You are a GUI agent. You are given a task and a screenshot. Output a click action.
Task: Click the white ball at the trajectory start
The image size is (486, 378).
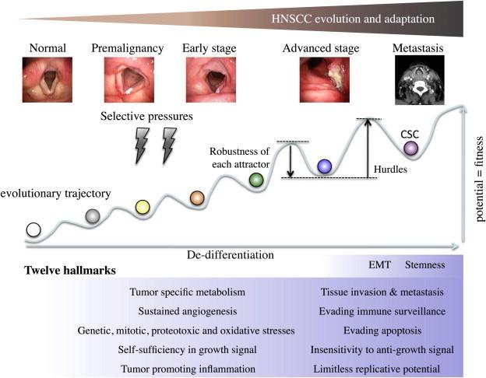(33, 229)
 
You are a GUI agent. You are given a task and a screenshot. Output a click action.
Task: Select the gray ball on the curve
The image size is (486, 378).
(92, 216)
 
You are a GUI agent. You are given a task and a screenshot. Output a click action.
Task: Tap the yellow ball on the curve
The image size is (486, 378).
(142, 206)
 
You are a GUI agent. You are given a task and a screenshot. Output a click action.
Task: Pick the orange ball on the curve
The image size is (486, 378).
(197, 198)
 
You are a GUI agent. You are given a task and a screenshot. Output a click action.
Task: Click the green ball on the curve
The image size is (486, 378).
(255, 180)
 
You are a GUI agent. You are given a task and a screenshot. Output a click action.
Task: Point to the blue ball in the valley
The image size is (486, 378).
(325, 165)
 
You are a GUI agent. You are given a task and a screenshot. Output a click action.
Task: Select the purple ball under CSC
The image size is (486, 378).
(410, 148)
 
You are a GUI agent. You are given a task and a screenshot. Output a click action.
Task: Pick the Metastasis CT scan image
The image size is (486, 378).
(418, 82)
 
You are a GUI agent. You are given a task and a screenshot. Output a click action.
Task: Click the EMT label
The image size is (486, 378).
(379, 264)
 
